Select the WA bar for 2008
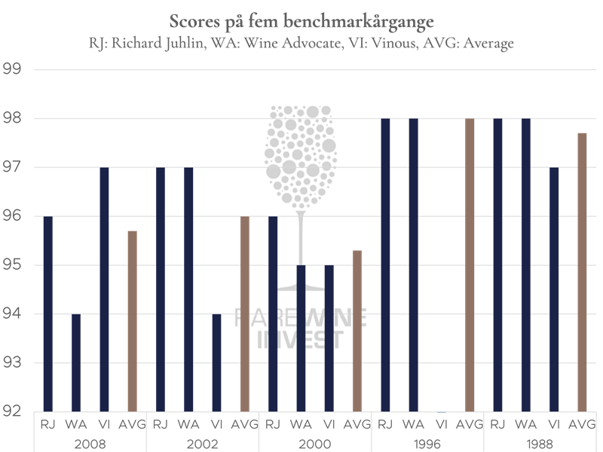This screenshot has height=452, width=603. coord(75,362)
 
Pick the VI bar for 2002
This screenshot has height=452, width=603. coord(216,362)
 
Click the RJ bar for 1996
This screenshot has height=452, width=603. coord(385,264)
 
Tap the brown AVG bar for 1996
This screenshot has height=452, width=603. coord(470,264)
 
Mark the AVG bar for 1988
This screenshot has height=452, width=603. coord(582,271)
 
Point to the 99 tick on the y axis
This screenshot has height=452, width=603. coord(14,70)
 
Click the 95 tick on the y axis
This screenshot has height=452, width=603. coord(14,265)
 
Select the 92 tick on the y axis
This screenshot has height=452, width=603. coord(14,411)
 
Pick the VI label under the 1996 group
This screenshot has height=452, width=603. coord(441,424)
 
